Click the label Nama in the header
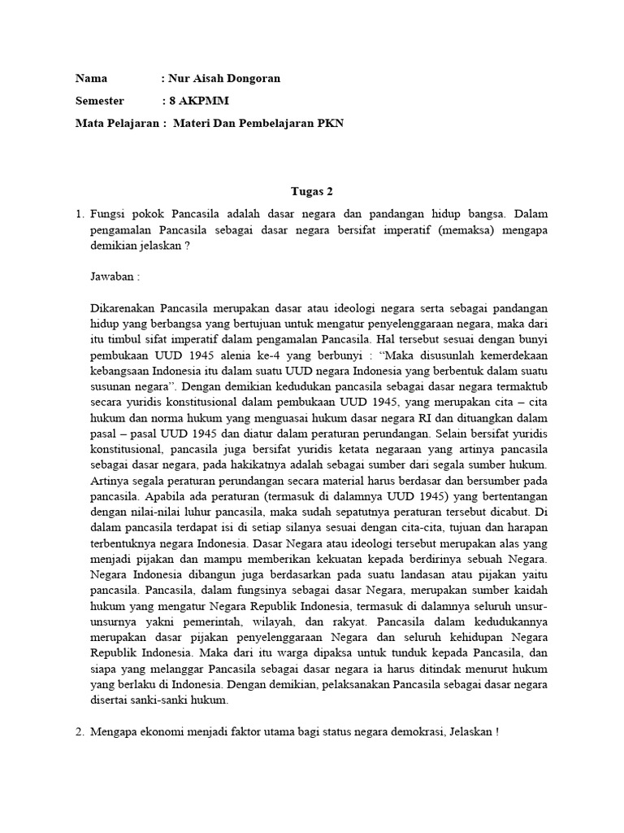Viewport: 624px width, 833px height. point(91,79)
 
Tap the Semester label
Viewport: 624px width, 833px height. point(99,101)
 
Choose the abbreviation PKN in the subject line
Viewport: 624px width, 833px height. point(330,124)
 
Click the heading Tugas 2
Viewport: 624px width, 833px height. point(312,191)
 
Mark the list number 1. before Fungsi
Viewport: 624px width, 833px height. point(79,214)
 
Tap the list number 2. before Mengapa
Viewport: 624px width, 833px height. point(79,731)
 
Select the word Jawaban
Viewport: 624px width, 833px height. point(113,277)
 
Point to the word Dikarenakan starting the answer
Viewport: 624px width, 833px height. point(123,308)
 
